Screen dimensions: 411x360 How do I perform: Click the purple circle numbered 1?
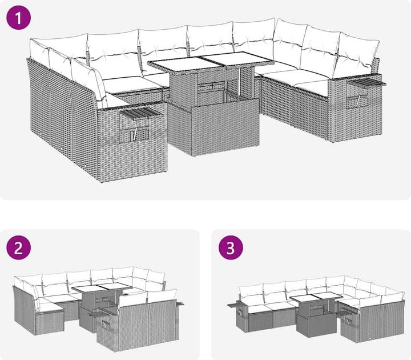(x=19, y=17)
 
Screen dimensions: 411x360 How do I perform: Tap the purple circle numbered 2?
(x=19, y=247)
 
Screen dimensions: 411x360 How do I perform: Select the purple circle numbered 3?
(x=231, y=247)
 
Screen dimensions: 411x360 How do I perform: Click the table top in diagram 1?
(x=211, y=61)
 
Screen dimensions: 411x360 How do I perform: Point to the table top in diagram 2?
(x=102, y=288)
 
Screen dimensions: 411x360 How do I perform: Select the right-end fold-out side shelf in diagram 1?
(x=366, y=83)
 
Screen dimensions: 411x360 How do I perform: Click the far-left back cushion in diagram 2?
(x=19, y=283)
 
